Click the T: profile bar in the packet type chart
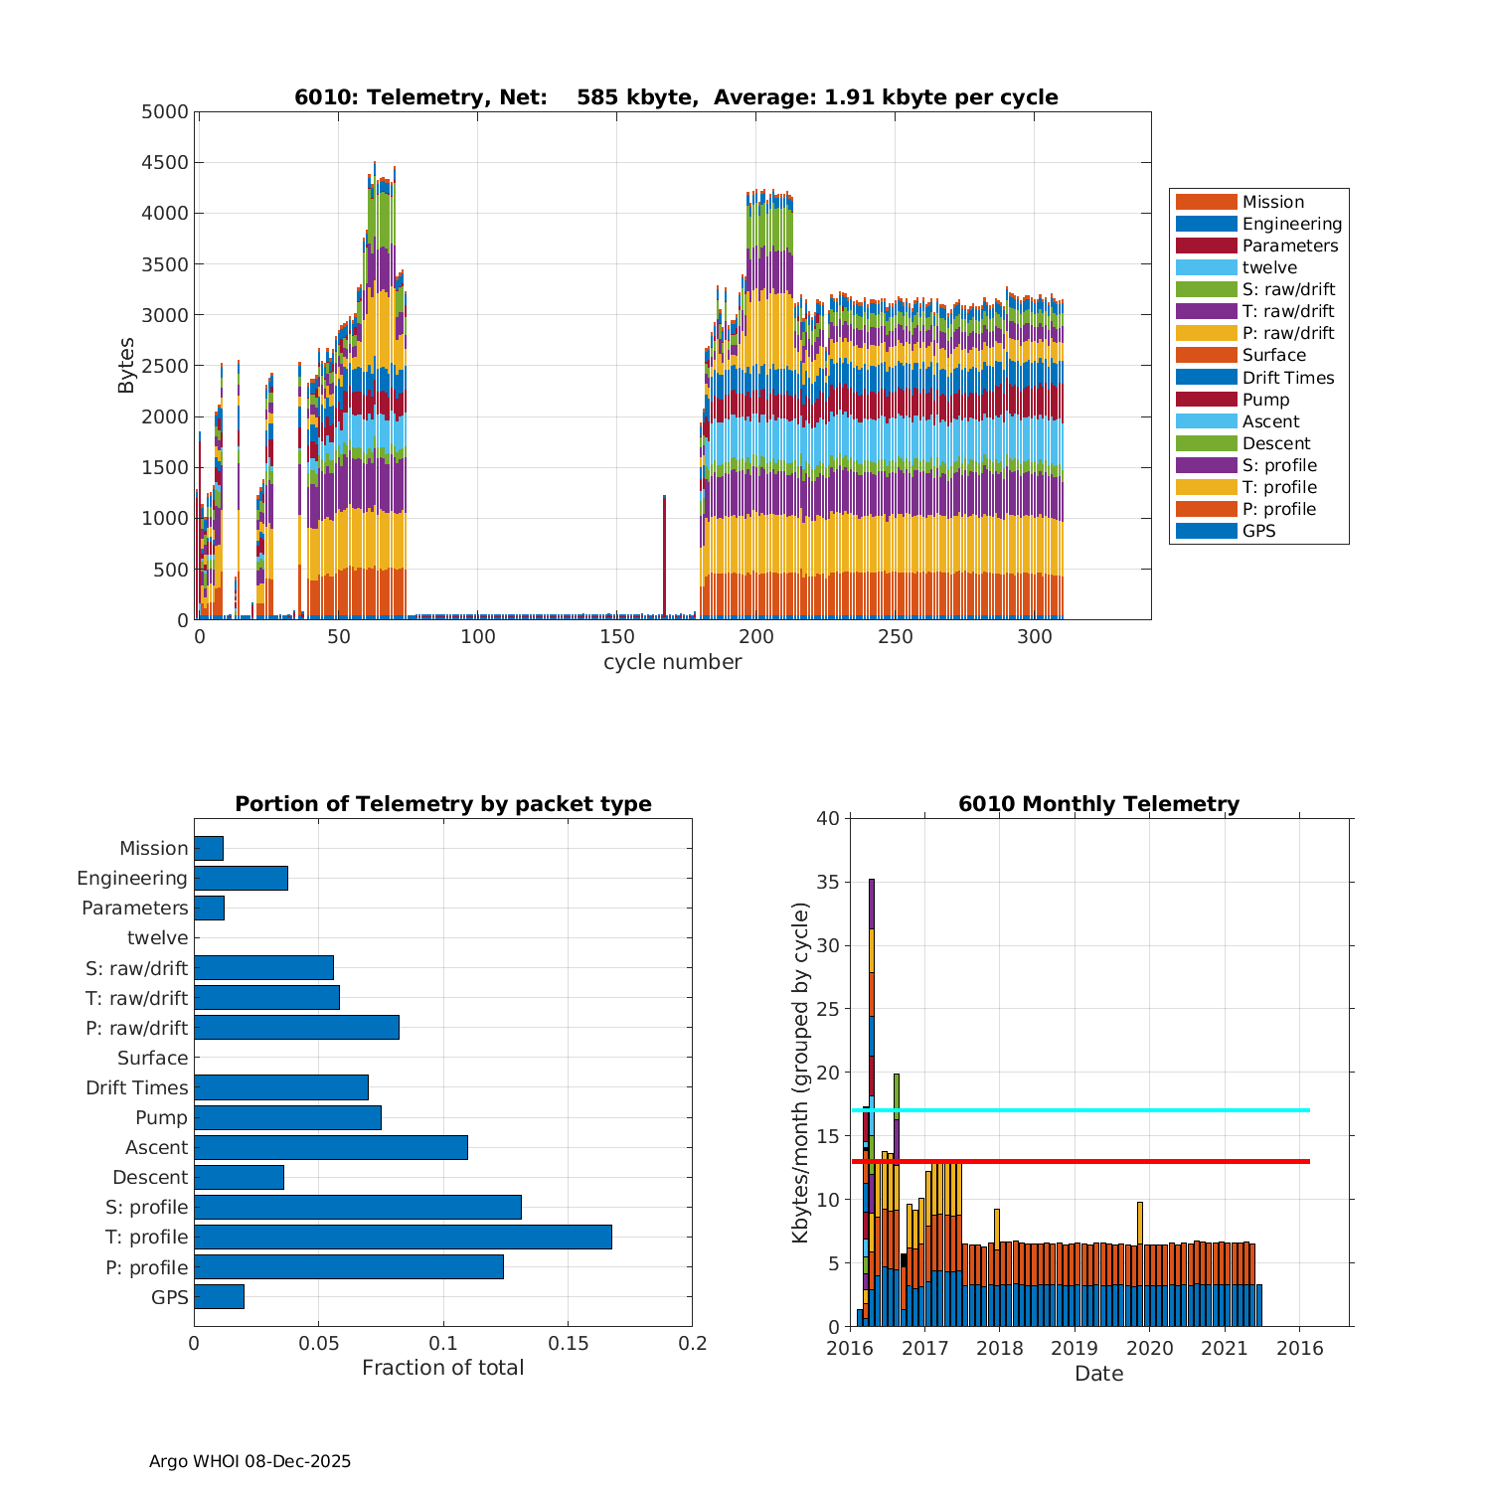pos(403,1237)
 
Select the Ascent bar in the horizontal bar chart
pos(330,1147)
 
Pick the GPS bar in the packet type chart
pos(219,1296)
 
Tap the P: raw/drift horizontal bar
pos(296,1028)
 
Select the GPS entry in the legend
pos(1258,531)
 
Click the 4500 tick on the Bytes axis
pos(164,162)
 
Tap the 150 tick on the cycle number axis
pos(617,636)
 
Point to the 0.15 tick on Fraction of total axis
pos(568,1344)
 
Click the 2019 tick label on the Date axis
pos(1075,1348)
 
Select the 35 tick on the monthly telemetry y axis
pos(826,882)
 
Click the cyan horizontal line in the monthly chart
pos(1093,1110)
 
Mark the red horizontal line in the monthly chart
pos(1093,1161)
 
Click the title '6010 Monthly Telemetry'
pos(1098,803)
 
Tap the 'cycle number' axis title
pos(672,662)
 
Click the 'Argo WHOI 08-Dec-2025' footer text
pos(249,1461)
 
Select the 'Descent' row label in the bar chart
pos(150,1177)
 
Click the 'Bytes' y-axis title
pos(126,366)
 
